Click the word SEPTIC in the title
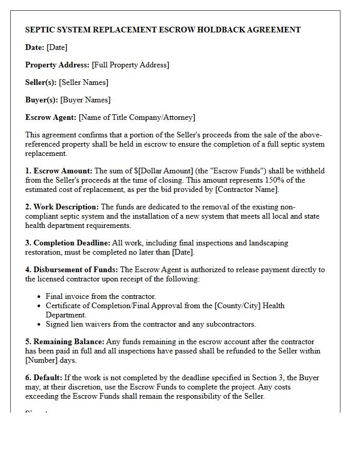click(x=40, y=30)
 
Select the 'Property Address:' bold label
click(x=57, y=65)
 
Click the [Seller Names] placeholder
click(x=84, y=82)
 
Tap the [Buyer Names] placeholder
click(x=85, y=100)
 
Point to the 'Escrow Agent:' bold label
click(x=51, y=117)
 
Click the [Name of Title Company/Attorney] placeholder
click(x=137, y=117)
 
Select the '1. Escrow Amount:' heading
click(x=59, y=171)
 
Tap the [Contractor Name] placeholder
click(x=247, y=189)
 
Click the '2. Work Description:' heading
click(x=62, y=207)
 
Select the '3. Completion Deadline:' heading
click(x=67, y=243)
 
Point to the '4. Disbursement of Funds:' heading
click(x=71, y=270)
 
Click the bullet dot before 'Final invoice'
click(x=40, y=297)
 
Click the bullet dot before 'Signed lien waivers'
click(x=40, y=325)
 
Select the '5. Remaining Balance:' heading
click(x=65, y=342)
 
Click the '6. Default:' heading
click(x=43, y=378)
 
